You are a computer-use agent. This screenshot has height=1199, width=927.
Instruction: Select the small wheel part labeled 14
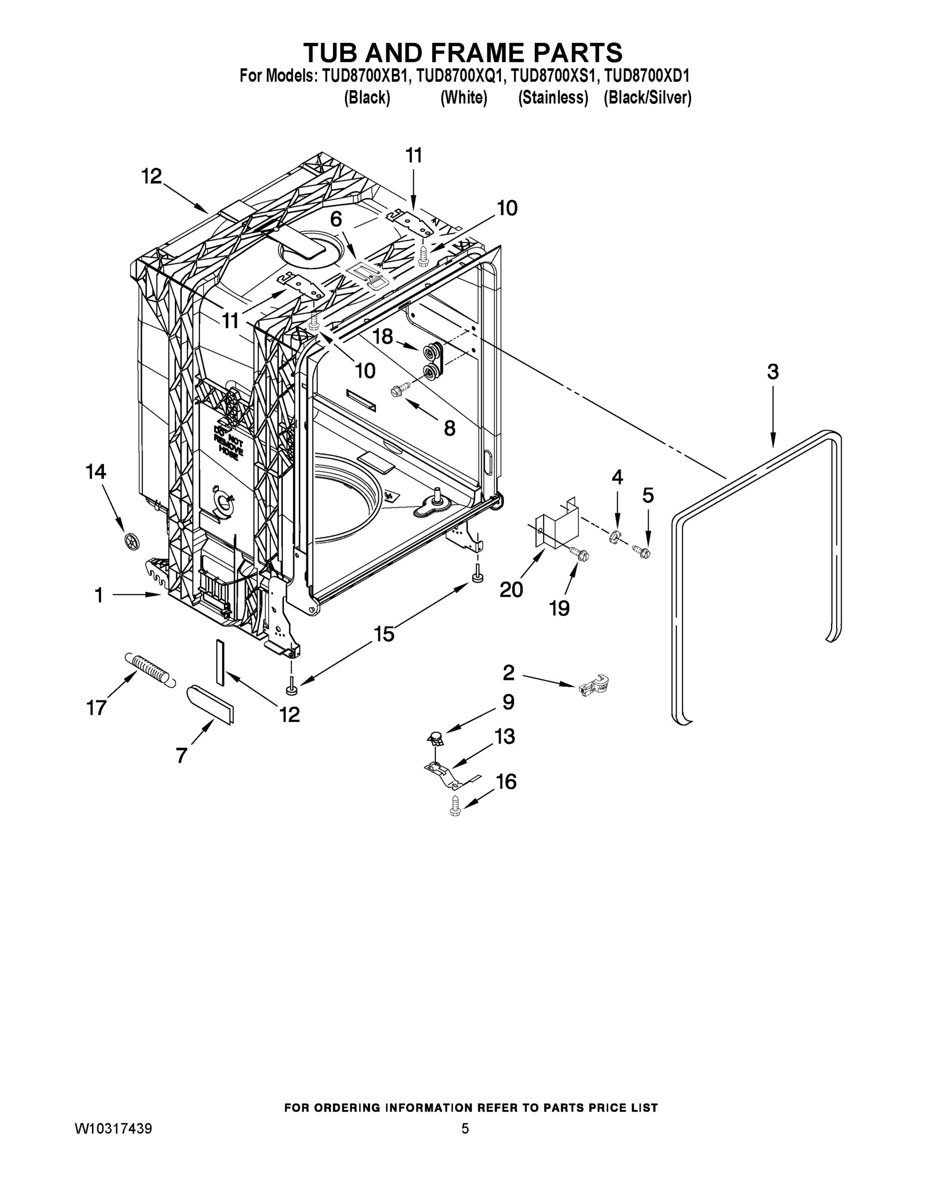tap(132, 541)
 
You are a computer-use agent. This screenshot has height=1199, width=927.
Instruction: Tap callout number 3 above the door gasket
tap(772, 372)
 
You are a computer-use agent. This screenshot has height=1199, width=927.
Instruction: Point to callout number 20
tap(511, 590)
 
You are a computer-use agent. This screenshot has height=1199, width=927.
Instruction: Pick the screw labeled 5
tap(642, 549)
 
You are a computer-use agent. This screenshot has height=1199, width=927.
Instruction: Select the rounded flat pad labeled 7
tap(210, 704)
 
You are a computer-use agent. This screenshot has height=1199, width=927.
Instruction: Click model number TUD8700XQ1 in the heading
tap(459, 75)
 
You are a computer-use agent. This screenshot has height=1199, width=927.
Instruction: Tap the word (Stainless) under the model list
tap(553, 98)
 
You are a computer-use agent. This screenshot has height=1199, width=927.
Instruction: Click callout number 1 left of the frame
tap(99, 595)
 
